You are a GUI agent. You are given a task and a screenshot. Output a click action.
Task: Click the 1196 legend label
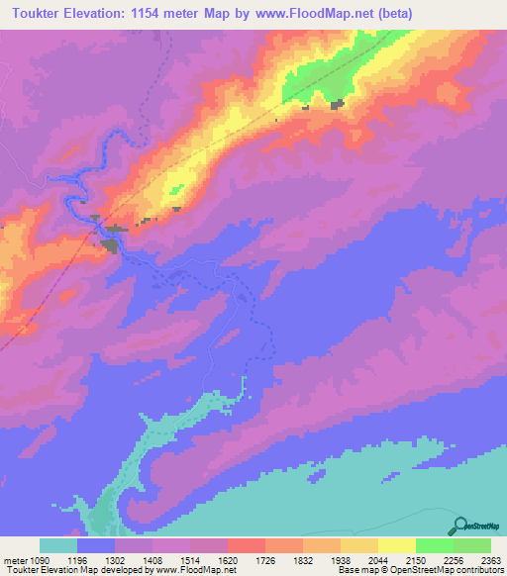point(91,559)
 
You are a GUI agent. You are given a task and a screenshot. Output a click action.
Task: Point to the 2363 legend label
point(491,559)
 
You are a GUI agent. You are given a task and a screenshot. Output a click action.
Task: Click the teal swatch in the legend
point(58,545)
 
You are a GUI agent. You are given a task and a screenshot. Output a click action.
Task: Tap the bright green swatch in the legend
point(435,545)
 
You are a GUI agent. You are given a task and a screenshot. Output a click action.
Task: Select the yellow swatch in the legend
point(397,545)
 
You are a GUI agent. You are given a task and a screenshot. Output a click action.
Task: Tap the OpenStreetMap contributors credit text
point(456,570)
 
